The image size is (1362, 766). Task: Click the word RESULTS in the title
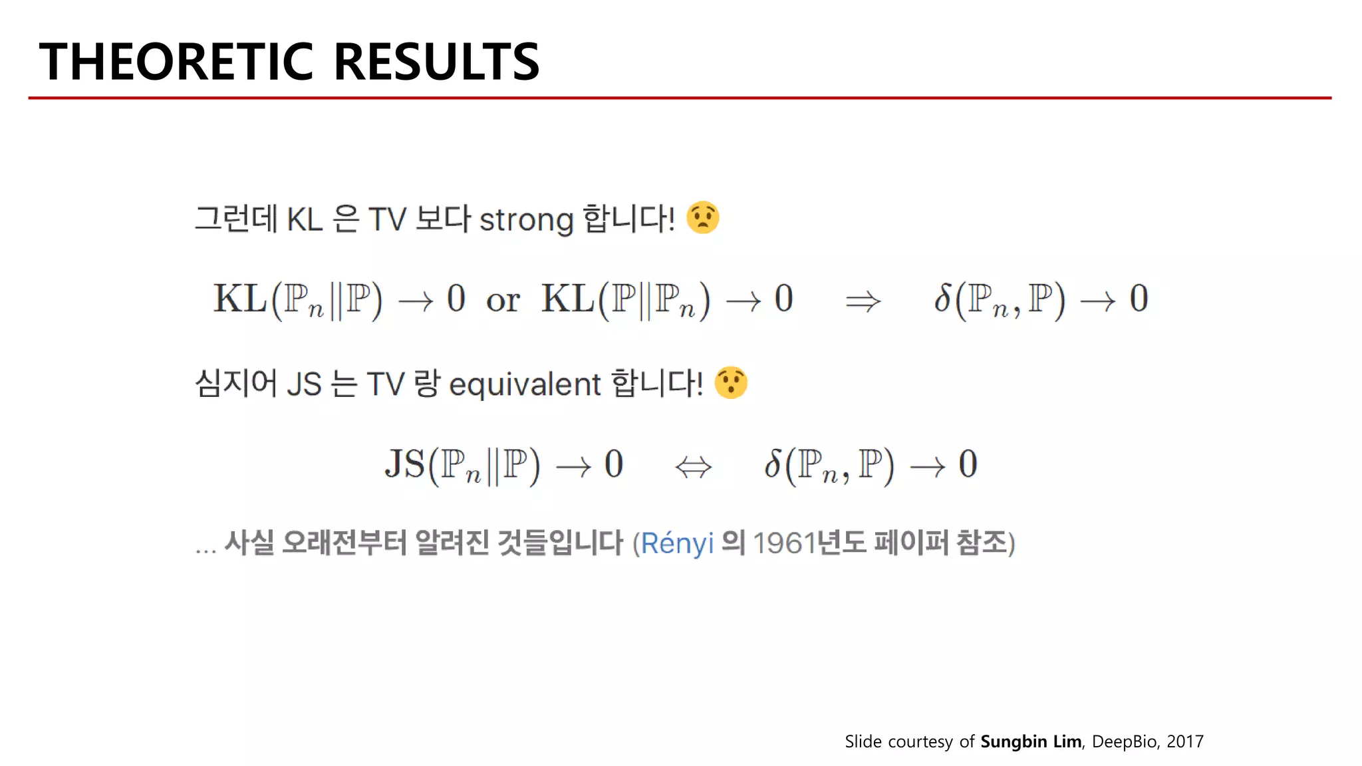[x=436, y=62]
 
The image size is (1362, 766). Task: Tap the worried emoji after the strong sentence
[x=702, y=217]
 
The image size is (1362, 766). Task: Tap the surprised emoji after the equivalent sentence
[x=731, y=382]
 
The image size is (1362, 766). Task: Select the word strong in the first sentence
[x=526, y=220]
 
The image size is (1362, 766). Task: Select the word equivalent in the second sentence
[x=525, y=385]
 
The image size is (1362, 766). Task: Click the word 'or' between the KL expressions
[x=503, y=301]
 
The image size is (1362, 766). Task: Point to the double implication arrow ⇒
[x=863, y=301]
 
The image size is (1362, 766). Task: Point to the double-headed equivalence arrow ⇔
[x=693, y=467]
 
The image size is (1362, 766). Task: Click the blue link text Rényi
[x=677, y=543]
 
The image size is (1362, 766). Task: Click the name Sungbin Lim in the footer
[x=1031, y=741]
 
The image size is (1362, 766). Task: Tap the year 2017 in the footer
[x=1185, y=741]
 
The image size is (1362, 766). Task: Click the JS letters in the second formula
[x=404, y=464]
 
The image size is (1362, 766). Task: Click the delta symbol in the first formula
[x=942, y=299]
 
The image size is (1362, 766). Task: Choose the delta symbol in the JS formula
[x=772, y=464]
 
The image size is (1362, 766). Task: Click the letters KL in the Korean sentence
[x=305, y=219]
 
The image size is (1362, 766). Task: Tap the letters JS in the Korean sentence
[x=304, y=384]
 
